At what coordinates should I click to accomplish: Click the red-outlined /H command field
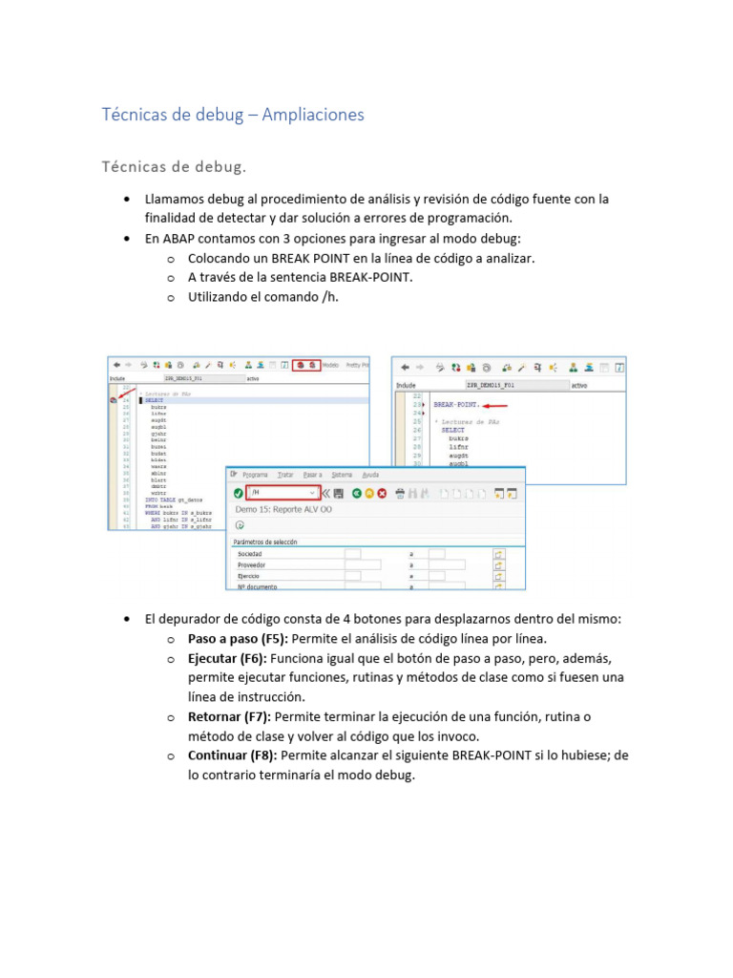283,493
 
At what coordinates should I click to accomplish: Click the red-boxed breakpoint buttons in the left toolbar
306,365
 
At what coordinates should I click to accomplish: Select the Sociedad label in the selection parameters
250,554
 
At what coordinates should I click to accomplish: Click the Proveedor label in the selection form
252,565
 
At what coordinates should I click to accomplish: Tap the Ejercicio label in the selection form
249,577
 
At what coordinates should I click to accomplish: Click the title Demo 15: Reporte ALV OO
283,510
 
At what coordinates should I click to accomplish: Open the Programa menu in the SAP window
255,475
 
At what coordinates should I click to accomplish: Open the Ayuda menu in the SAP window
371,475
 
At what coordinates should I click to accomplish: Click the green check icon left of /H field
238,493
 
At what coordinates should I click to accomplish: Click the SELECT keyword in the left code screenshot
155,401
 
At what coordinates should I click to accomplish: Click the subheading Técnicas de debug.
174,167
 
